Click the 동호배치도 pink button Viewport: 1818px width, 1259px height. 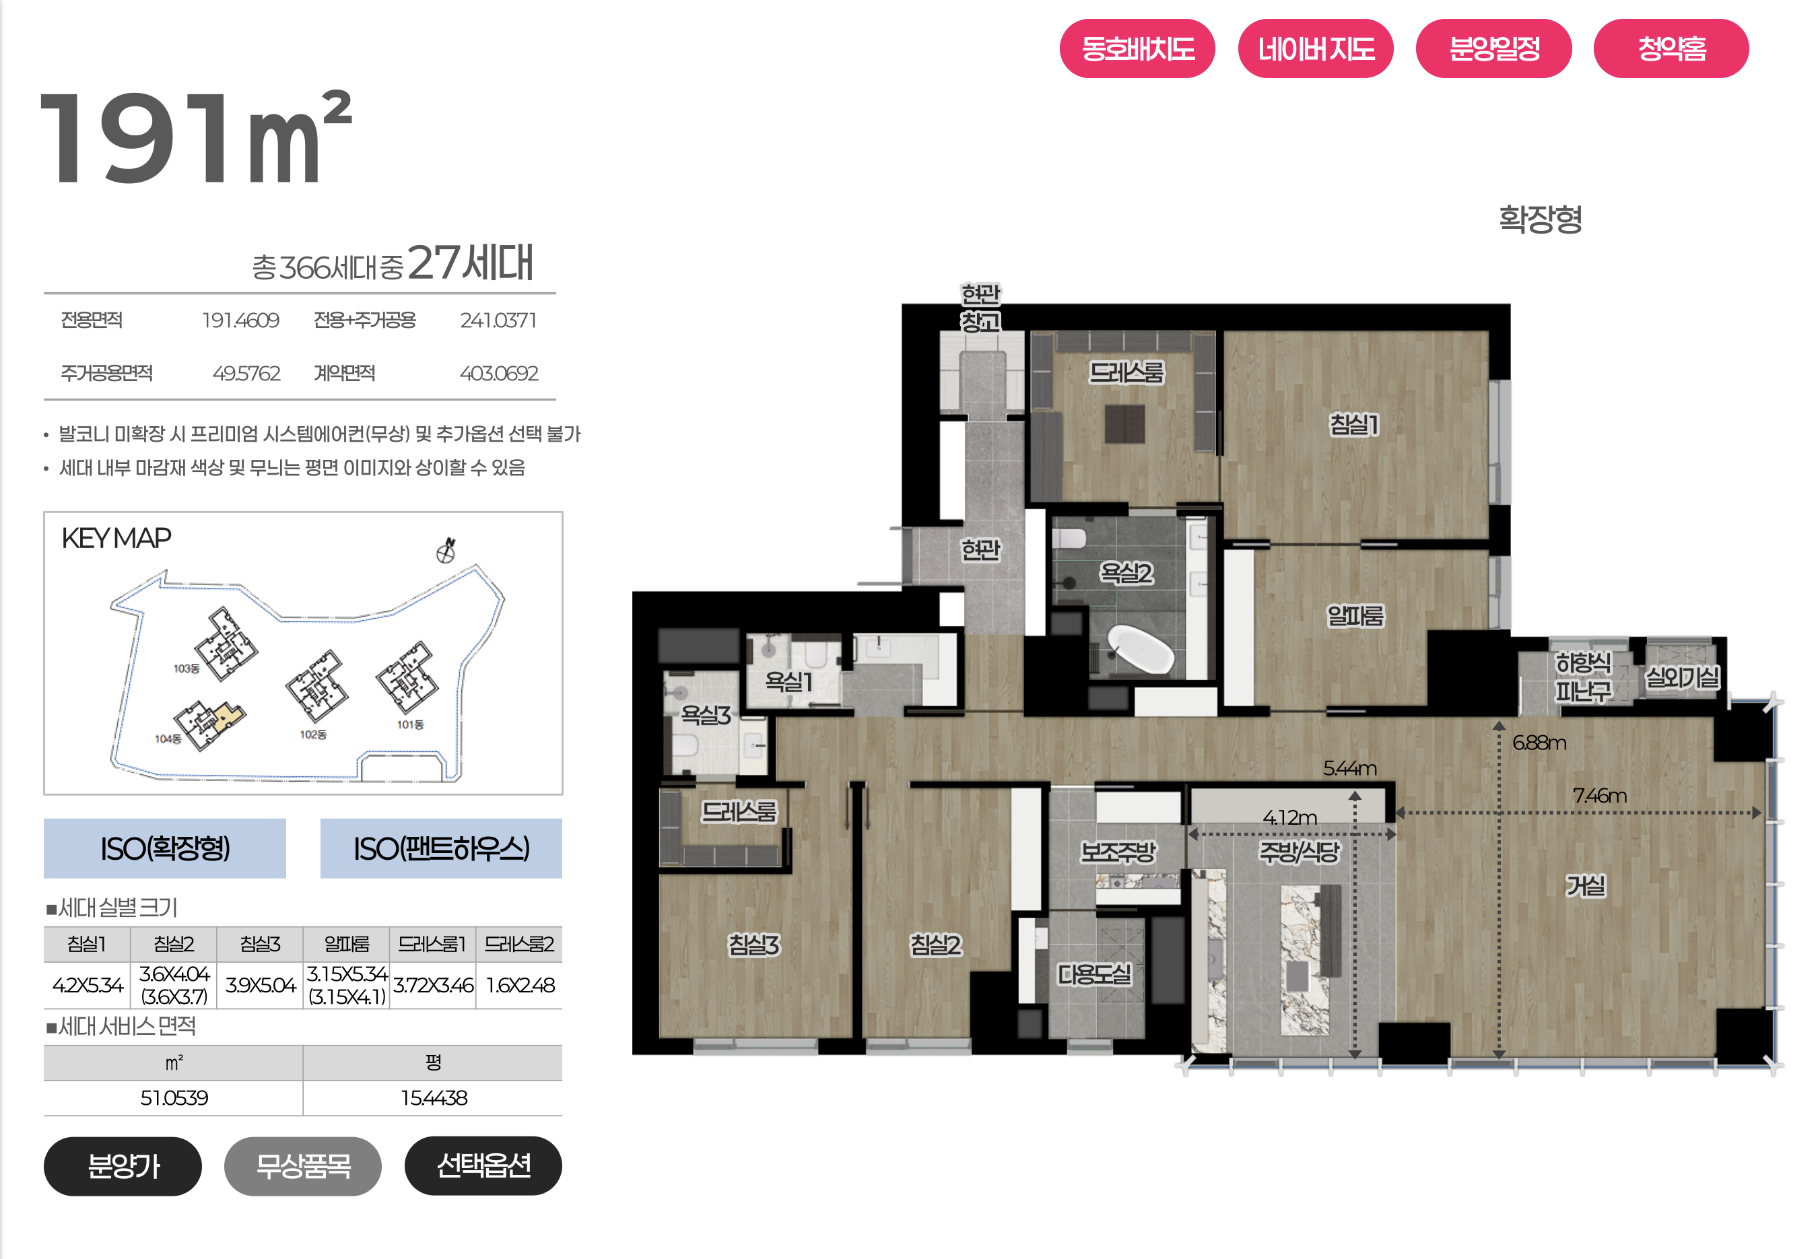[1137, 49]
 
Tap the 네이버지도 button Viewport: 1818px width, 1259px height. [1315, 49]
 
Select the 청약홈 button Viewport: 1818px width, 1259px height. [1671, 49]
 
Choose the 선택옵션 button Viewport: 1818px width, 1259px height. [483, 1165]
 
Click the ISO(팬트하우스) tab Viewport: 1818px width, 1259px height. [441, 848]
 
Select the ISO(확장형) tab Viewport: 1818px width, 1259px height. [165, 848]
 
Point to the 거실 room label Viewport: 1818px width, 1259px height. [1585, 885]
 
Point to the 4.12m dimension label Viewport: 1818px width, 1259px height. [1289, 817]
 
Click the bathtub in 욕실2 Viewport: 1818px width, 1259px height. [1140, 648]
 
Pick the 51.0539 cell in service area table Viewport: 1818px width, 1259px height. [174, 1097]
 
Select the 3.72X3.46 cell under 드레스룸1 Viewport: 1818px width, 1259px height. [433, 984]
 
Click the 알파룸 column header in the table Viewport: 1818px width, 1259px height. [347, 943]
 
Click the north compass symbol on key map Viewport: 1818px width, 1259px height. [446, 550]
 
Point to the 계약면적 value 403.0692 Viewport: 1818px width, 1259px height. [498, 373]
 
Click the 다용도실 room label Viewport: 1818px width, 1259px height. [1094, 974]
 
